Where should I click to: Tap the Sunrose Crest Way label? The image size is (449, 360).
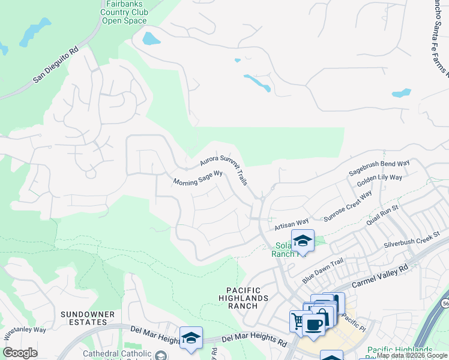(348, 206)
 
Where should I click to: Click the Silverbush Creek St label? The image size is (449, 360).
(412, 240)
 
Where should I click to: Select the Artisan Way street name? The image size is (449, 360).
(291, 224)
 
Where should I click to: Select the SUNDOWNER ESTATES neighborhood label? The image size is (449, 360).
(83, 318)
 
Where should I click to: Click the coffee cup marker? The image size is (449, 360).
(313, 324)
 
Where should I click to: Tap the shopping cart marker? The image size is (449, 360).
(297, 319)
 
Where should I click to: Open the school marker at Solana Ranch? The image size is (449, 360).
(303, 241)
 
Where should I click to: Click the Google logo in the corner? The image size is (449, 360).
(20, 353)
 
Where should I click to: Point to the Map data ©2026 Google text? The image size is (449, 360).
(412, 355)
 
